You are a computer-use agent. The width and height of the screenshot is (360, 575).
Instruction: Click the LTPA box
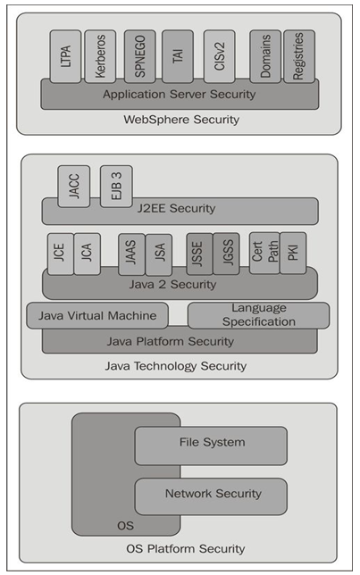tap(65, 55)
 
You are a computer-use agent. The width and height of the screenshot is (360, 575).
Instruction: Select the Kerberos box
tap(100, 55)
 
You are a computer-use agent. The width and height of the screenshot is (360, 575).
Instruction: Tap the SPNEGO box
tap(139, 55)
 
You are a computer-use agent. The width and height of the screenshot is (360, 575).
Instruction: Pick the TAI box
tap(178, 55)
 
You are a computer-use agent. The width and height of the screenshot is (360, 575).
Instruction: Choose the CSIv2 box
tap(219, 55)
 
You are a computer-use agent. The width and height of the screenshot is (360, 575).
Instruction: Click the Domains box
tap(264, 55)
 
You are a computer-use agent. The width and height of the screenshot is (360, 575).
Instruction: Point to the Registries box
tap(298, 55)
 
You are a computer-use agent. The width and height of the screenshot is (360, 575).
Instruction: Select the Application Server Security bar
tap(179, 94)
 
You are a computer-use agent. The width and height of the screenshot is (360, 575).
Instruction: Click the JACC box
tap(73, 184)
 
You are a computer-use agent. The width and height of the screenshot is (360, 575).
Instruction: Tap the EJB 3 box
tap(115, 184)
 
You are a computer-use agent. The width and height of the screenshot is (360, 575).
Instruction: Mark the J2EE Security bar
tap(180, 210)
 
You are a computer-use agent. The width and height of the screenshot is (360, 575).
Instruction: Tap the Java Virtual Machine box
tap(97, 315)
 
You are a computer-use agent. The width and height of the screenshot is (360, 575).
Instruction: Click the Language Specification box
tap(258, 315)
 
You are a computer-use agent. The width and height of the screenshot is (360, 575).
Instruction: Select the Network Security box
tap(212, 495)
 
